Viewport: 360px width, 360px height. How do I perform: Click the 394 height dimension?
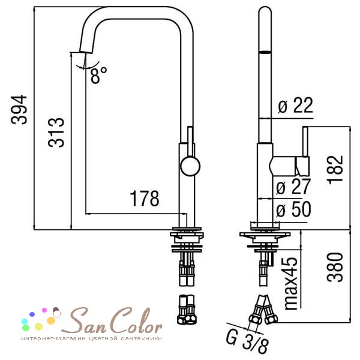pos(19,110)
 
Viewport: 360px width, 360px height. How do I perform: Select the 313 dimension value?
pos(56,133)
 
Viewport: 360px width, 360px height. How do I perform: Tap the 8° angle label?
pos(99,75)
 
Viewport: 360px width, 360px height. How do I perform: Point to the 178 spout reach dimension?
pos(145,199)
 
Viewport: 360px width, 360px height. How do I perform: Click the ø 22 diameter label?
pos(295,106)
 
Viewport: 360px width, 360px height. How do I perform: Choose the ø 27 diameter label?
pos(293,186)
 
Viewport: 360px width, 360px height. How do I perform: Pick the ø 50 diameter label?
pos(293,209)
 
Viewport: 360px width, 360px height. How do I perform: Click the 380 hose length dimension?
pos(335,267)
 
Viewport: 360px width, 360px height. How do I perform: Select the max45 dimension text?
pos(291,284)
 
